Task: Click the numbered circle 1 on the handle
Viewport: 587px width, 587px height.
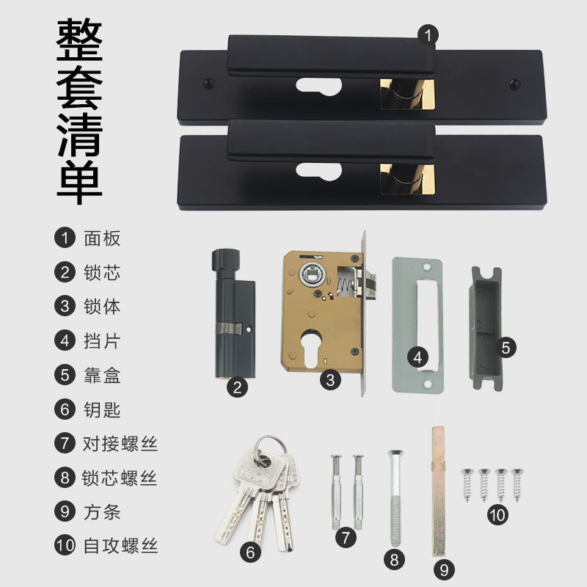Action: click(428, 35)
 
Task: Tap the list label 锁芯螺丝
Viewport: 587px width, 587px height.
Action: click(120, 478)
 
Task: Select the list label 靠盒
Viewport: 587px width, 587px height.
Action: click(102, 375)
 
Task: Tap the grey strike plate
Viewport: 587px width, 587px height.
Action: click(417, 325)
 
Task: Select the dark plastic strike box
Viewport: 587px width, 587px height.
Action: click(486, 328)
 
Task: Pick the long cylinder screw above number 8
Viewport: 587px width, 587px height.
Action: click(395, 497)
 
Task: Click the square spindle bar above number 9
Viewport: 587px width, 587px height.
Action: click(438, 491)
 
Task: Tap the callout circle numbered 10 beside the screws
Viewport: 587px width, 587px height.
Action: click(497, 515)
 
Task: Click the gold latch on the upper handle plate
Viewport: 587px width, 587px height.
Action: click(407, 94)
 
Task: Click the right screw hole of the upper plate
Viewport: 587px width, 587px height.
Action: click(514, 84)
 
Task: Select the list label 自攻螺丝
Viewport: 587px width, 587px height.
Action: click(120, 546)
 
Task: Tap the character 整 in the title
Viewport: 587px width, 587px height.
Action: click(79, 40)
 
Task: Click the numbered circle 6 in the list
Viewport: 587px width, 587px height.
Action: click(65, 409)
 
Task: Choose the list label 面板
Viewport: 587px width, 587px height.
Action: click(102, 238)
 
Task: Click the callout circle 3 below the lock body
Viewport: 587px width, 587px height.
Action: click(330, 380)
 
